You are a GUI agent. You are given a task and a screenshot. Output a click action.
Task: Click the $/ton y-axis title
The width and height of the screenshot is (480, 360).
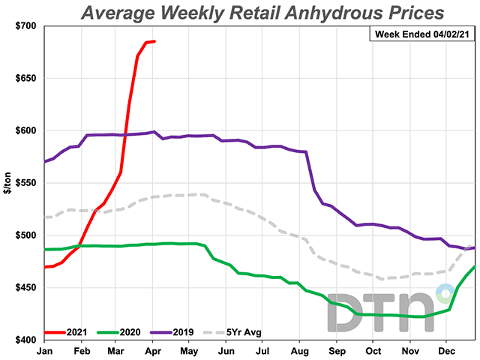pos(8,183)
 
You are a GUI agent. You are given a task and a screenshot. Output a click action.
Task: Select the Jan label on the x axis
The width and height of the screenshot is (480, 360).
pos(44,349)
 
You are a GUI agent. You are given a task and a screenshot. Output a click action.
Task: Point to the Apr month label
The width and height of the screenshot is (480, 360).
pos(154,349)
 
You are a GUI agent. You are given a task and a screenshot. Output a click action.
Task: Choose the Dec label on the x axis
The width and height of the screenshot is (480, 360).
pos(447,349)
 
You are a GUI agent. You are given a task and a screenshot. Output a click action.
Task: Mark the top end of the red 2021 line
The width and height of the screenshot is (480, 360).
pos(154,41)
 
